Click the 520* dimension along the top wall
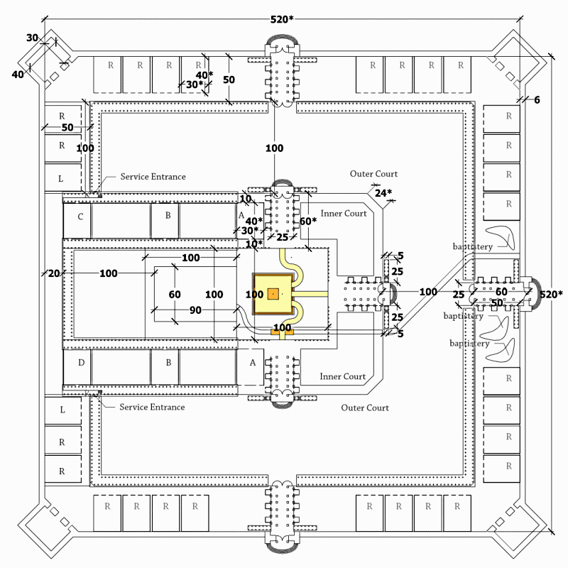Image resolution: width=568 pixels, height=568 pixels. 280,19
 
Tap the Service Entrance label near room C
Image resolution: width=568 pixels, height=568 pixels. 153,177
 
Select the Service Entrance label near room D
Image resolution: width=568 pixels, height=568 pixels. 152,407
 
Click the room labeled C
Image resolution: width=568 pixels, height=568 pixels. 80,216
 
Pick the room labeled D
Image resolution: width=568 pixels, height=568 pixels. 81,363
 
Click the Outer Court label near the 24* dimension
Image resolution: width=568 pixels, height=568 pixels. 373,174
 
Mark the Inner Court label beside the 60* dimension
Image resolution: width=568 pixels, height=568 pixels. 344,214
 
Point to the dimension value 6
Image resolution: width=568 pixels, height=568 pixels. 537,100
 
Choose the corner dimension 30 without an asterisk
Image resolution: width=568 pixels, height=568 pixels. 33,38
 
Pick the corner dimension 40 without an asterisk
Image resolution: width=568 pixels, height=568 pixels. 18,74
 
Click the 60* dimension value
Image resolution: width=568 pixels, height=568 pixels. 307,221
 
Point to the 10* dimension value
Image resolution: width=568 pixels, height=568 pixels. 254,244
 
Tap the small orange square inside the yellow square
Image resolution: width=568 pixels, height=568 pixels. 273,293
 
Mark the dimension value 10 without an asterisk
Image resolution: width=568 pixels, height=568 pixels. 246,199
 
